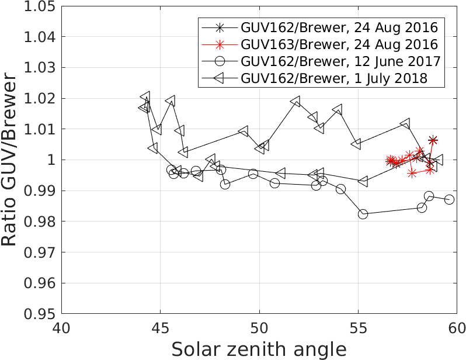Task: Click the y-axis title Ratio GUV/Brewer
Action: coord(13,160)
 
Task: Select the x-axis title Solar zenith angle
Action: coord(259,349)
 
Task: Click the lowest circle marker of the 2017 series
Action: coord(363,214)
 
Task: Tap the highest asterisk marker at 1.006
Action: coord(433,140)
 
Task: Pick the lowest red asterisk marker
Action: coord(412,173)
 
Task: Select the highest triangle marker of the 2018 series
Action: coord(145,96)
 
